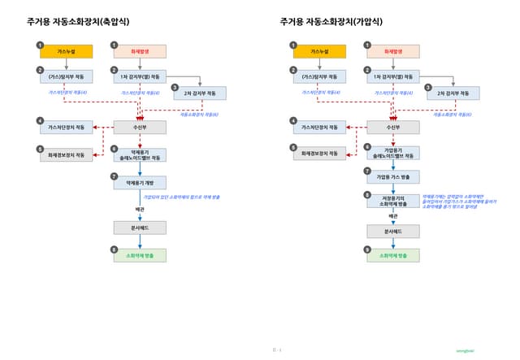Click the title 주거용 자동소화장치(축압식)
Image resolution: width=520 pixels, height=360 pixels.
(82, 22)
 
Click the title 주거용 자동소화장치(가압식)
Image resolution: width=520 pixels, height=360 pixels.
(333, 22)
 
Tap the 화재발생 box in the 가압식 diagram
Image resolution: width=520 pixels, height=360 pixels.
(392, 51)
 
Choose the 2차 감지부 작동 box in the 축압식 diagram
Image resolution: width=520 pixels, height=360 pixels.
(200, 93)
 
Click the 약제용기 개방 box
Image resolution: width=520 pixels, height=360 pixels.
(140, 183)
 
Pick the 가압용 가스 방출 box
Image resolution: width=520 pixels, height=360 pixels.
(392, 176)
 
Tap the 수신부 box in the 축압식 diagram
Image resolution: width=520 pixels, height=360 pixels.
(140, 128)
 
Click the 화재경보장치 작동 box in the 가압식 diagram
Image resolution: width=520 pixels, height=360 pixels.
(318, 153)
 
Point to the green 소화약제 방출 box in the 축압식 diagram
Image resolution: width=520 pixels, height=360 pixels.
(140, 254)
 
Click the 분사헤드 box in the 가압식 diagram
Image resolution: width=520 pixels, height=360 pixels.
(392, 232)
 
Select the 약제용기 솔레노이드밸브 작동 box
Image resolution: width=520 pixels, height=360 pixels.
(140, 154)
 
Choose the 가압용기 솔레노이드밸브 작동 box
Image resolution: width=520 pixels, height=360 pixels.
(392, 152)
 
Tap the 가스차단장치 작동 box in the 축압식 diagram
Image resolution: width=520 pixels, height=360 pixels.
(67, 128)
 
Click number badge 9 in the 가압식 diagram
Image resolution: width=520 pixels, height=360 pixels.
(367, 249)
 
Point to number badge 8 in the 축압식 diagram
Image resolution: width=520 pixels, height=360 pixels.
(115, 249)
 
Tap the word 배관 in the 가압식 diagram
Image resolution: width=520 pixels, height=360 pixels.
(392, 216)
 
